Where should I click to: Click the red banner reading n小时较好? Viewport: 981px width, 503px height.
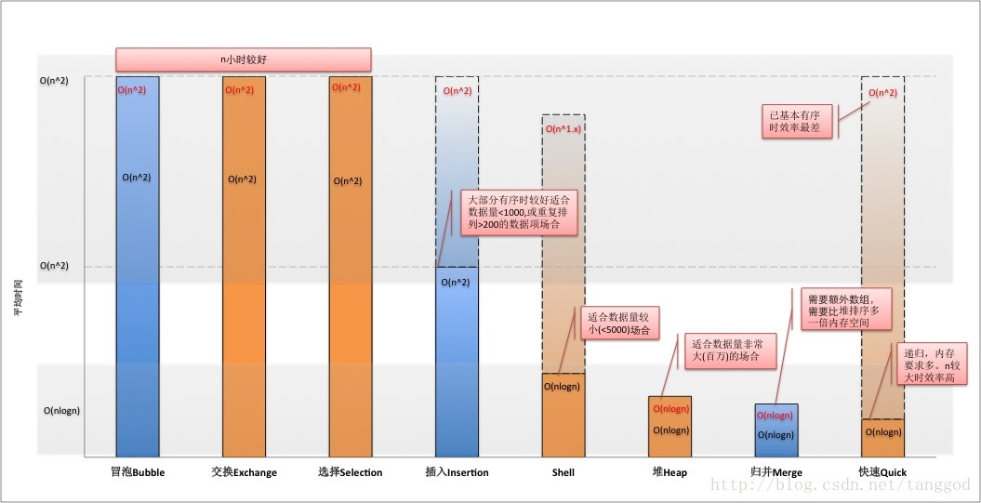[x=244, y=60]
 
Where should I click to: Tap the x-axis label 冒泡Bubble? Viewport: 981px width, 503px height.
[x=138, y=472]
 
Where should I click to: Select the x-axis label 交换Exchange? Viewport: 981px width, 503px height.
[x=244, y=472]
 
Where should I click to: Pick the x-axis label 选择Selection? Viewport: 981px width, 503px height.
[x=350, y=472]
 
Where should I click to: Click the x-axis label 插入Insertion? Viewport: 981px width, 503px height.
[x=456, y=472]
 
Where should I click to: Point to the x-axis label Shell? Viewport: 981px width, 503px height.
[x=563, y=472]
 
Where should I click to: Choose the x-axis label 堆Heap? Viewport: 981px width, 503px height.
[x=669, y=472]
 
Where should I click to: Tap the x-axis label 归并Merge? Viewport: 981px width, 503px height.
[x=776, y=472]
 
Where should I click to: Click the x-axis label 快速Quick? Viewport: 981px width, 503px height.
[x=882, y=472]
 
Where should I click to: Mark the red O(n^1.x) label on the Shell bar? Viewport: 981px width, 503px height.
[x=563, y=128]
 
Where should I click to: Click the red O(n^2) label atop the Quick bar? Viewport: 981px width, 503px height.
[x=883, y=93]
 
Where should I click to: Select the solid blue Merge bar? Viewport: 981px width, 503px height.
[x=776, y=430]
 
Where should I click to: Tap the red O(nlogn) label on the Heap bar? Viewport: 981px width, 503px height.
[x=670, y=409]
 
